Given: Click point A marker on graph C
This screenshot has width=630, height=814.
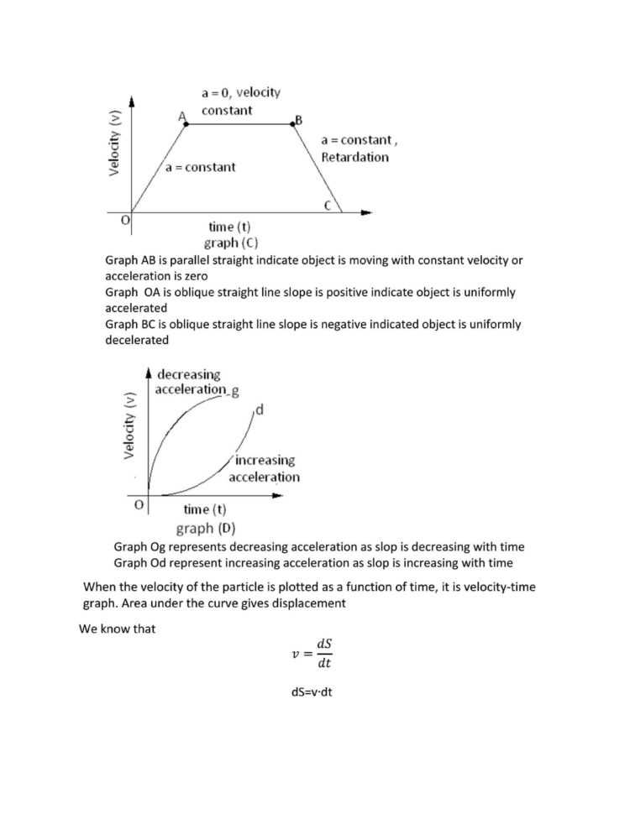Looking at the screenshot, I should pos(186,123).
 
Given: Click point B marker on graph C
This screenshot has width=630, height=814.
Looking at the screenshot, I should pos(294,123).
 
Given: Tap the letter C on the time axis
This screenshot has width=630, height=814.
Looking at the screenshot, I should pos(330,205).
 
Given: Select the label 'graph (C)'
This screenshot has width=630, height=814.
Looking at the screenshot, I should pos(228,243).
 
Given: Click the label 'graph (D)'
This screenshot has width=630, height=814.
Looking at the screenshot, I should pos(206,529).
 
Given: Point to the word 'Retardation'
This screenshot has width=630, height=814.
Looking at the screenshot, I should pos(354,157).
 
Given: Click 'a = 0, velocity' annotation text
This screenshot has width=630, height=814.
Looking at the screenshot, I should pos(241,92).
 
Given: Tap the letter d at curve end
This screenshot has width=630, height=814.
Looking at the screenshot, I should pos(259,410).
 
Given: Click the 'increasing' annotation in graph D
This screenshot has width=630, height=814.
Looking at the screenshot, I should pos(265,461).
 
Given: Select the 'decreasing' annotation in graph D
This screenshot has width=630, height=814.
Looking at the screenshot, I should pos(188,374).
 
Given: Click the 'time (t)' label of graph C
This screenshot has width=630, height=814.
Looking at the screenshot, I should pos(229,227).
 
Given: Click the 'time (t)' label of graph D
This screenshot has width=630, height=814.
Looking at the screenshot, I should pos(205,509).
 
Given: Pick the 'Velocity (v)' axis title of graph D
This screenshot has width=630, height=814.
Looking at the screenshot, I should pos(129,425).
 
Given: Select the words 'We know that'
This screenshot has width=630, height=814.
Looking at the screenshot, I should pos(118,629).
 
